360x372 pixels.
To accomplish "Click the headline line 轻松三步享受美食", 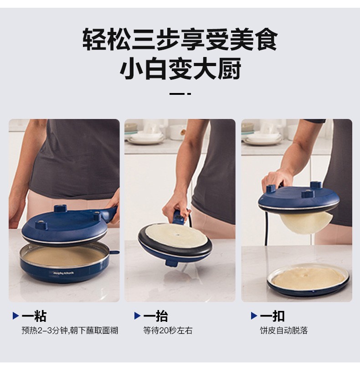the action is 180,39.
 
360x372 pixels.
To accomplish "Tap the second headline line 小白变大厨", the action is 180,68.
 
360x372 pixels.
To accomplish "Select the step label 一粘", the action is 34,316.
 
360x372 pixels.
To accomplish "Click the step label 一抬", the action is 155,316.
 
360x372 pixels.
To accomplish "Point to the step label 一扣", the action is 272,316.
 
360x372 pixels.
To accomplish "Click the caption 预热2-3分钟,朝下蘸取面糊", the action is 70,331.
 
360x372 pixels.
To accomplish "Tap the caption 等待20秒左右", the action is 168,331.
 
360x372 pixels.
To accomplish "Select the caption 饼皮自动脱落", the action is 283,331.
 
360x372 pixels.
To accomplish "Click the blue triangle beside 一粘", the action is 15,316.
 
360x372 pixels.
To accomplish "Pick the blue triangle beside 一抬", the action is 137,316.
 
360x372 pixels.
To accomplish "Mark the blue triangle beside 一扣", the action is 254,316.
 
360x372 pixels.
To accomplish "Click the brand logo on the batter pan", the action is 63,273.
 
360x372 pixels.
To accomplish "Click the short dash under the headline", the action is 180,94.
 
